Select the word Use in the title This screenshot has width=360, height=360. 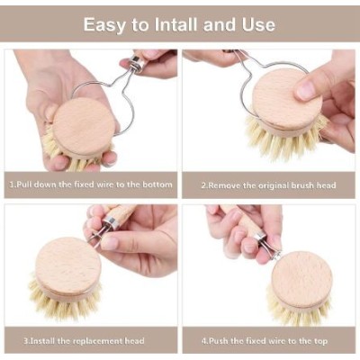(258, 24)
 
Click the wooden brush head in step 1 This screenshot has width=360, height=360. (84, 127)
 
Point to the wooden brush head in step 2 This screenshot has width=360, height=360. (286, 102)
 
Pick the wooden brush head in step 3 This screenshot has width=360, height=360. (67, 266)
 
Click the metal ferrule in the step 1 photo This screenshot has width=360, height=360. (136, 65)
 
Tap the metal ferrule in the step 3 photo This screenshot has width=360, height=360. (108, 224)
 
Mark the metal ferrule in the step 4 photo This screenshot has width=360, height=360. (260, 236)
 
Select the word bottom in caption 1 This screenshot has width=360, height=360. (157, 184)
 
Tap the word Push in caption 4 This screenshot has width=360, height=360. (219, 341)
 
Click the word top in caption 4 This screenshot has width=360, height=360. (319, 341)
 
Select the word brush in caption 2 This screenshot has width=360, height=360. (302, 185)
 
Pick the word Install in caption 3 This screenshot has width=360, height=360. (43, 341)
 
